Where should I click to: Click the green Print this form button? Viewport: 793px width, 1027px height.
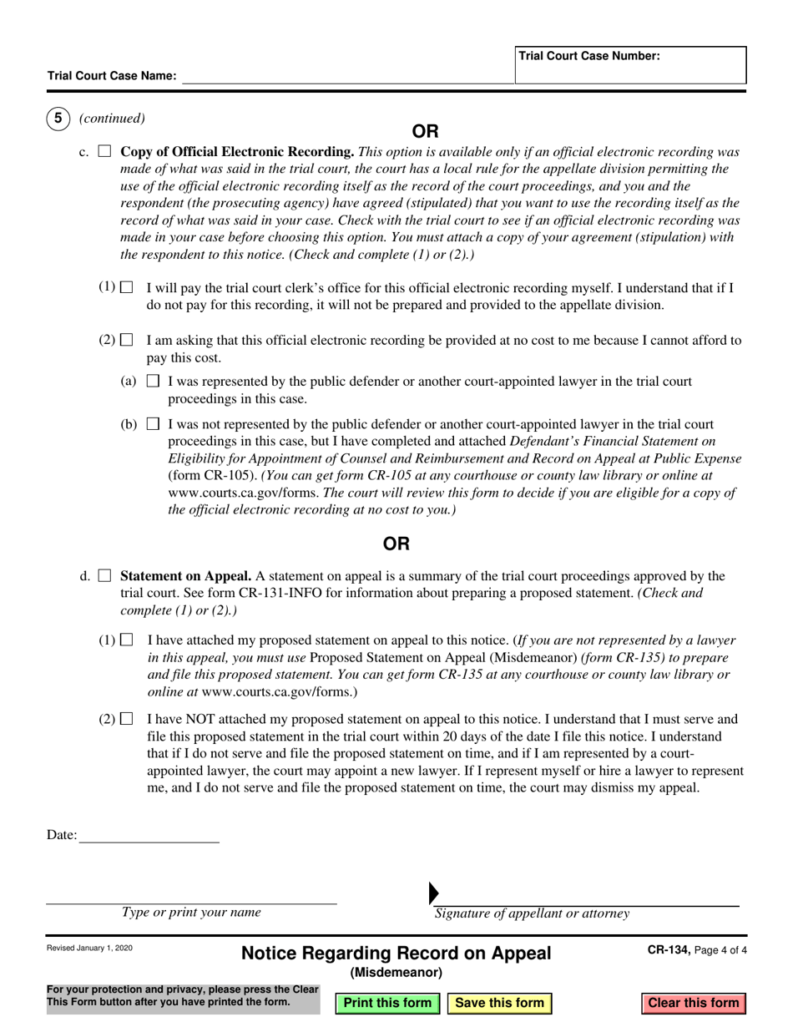(387, 1003)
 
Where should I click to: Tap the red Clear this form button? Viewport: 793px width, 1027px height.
(693, 1003)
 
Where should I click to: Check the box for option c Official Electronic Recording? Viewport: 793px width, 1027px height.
(105, 152)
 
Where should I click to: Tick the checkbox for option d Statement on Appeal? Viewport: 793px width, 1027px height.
(105, 576)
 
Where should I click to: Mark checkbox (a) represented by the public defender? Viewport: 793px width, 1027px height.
(153, 382)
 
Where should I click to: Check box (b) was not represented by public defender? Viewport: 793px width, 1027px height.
(153, 424)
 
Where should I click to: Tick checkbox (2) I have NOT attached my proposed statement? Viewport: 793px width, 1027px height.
(127, 719)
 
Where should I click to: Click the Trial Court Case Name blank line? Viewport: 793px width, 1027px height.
(346, 77)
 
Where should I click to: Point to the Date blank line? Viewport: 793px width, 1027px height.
(149, 836)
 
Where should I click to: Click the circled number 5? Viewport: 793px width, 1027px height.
(58, 119)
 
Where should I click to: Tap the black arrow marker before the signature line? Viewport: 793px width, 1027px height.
(433, 893)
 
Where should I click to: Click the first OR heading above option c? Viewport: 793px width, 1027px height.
(425, 131)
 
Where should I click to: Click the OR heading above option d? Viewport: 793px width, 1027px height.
(396, 544)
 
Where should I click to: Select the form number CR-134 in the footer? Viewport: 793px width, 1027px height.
(667, 949)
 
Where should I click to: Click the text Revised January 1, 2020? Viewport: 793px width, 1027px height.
(89, 949)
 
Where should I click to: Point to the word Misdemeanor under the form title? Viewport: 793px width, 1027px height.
(396, 972)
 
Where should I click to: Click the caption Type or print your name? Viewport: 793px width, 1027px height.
(191, 913)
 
